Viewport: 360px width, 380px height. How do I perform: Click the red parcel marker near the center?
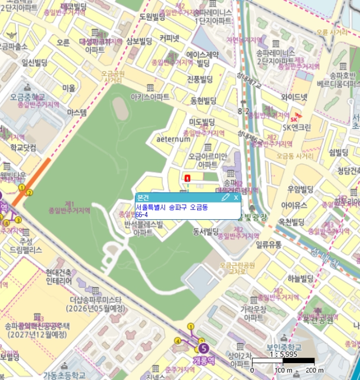[187, 178]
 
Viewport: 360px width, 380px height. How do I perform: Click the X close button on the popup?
[236, 198]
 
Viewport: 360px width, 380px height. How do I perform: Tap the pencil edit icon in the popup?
[226, 198]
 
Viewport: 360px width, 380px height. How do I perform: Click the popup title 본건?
[143, 198]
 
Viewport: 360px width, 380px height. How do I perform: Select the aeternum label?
[173, 139]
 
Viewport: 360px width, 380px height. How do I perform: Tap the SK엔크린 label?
[297, 128]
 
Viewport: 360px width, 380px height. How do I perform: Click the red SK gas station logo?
[294, 119]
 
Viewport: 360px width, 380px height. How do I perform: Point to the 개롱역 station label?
[204, 360]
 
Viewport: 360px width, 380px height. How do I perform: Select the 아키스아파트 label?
[150, 97]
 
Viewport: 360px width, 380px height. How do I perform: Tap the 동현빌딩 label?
[203, 100]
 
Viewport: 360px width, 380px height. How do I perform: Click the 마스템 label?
[77, 112]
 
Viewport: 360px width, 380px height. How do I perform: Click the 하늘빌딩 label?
[301, 278]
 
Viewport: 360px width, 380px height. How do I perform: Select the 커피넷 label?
[169, 38]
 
